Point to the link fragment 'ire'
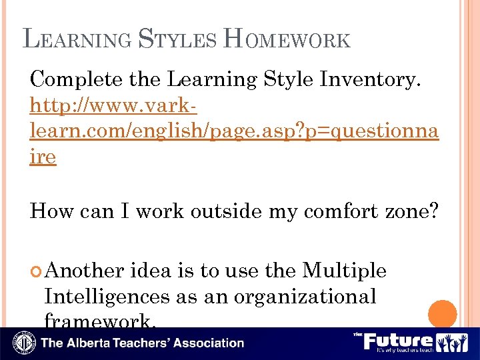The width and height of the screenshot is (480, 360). coord(43,157)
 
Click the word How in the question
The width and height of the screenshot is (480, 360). coord(52,211)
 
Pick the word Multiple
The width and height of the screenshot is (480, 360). coord(344,271)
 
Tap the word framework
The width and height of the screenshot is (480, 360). coord(100,321)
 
